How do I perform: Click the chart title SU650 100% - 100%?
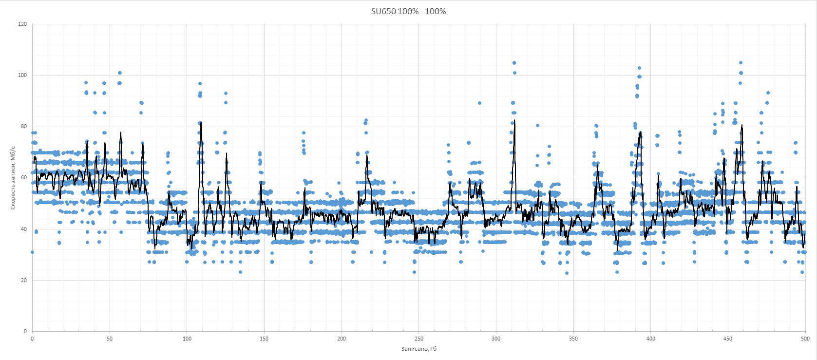(x=408, y=11)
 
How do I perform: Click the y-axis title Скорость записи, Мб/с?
(x=13, y=178)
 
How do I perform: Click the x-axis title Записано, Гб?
(x=418, y=349)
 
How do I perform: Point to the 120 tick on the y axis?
(x=22, y=24)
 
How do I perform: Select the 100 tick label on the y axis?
(x=22, y=76)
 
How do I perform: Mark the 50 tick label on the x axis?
(x=110, y=339)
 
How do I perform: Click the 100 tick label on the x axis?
(x=187, y=339)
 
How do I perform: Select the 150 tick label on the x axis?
(x=264, y=339)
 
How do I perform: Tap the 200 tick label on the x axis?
(x=342, y=339)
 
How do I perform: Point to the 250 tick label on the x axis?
(x=419, y=339)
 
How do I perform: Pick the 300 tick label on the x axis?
(x=496, y=339)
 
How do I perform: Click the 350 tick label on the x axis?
(x=573, y=339)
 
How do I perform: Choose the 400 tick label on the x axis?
(x=651, y=339)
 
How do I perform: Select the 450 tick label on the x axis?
(x=728, y=339)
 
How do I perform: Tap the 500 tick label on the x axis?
(x=805, y=339)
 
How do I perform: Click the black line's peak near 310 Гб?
(x=514, y=120)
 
